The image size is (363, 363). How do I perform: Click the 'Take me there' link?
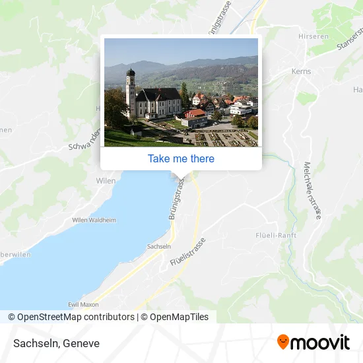pos(181,158)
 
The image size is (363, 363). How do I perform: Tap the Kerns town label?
pos(301,71)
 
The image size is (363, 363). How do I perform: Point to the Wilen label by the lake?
pos(106,180)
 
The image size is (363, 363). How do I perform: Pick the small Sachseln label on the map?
pos(159,246)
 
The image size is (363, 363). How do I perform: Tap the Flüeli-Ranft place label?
pos(276,235)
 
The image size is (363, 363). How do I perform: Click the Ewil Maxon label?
pos(83,304)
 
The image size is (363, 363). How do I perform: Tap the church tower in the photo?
pos(131,92)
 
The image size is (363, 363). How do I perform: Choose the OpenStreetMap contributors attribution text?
pos(76,317)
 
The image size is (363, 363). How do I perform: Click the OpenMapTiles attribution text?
pos(179,317)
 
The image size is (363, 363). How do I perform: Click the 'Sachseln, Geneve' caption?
pos(55,343)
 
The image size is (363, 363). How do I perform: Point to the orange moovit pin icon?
pos(283,342)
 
